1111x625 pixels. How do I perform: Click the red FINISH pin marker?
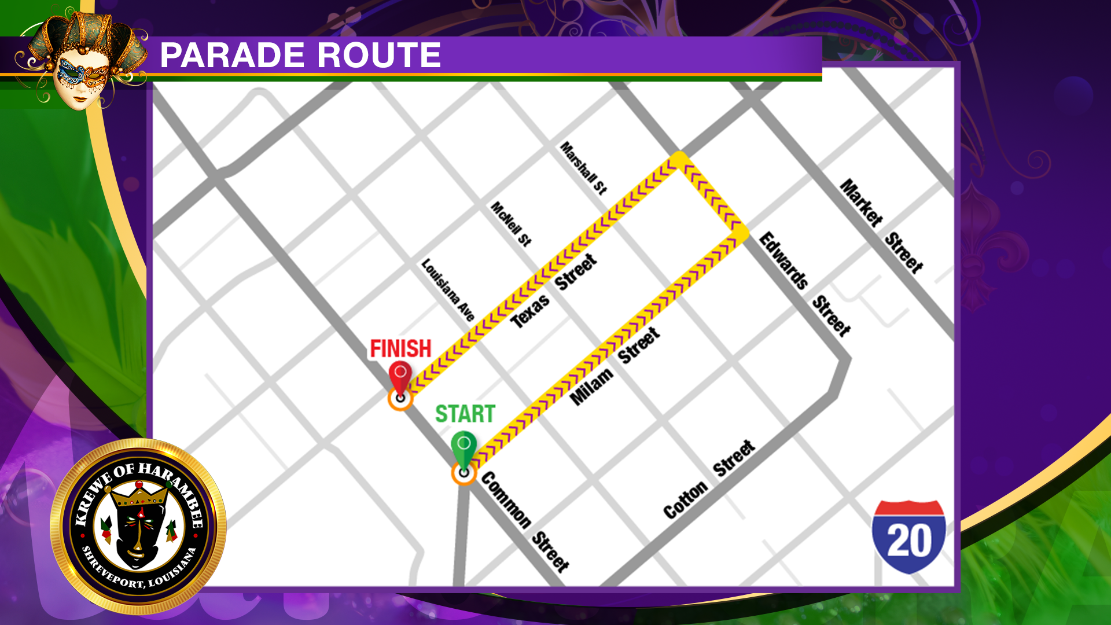400,376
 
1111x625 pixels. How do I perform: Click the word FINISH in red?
400,348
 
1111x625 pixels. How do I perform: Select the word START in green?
465,414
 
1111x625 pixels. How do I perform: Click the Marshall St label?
583,168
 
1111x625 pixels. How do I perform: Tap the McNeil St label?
510,224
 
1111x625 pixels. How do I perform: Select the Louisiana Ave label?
448,290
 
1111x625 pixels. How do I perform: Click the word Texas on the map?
530,311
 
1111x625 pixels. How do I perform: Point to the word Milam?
591,386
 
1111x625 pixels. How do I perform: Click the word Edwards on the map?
783,260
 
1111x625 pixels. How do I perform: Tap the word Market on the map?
861,203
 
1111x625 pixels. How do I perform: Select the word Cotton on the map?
685,500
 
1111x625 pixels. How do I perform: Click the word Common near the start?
506,501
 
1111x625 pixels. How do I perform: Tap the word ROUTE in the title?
379,56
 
